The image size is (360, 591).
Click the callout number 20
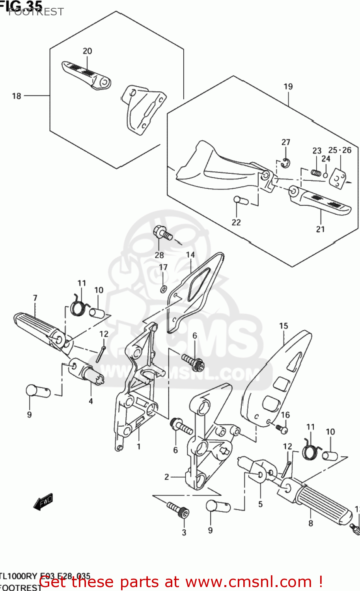87,51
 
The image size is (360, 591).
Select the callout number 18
17,96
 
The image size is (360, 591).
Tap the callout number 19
288,86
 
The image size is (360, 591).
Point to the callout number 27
286,142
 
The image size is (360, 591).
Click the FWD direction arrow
43,502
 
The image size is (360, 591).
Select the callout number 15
284,326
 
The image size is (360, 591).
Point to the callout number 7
35,298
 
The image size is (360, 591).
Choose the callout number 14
190,255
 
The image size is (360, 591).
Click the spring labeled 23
316,172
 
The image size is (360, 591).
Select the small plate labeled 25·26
337,177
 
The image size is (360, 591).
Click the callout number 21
320,229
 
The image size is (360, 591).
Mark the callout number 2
167,477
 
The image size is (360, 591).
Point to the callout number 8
311,523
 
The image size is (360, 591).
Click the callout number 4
91,401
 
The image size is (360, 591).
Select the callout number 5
260,504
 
